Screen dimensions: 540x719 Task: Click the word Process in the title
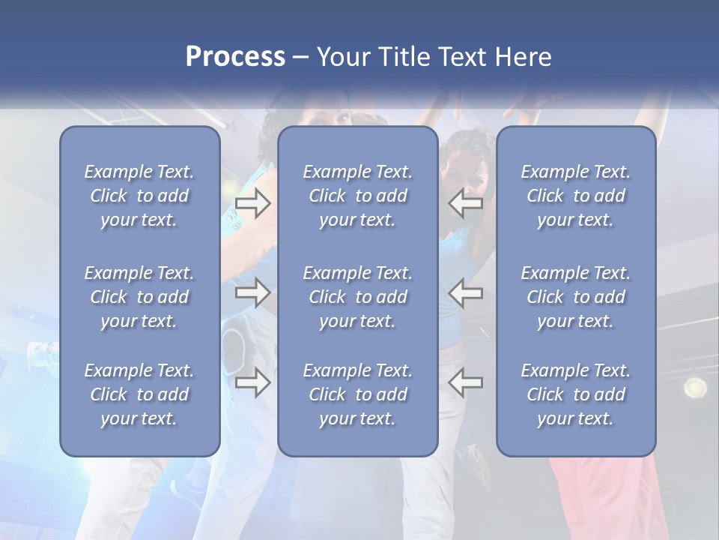coord(235,57)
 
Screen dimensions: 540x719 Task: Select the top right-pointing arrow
coord(253,203)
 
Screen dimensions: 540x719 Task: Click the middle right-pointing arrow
coord(253,292)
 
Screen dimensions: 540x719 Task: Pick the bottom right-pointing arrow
coord(253,382)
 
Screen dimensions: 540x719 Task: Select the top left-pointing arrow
coord(466,203)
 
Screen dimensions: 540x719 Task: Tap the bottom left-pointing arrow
coord(466,382)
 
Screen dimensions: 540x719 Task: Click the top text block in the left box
coord(139,196)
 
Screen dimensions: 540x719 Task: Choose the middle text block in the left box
coord(139,297)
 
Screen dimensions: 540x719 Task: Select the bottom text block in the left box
coord(139,394)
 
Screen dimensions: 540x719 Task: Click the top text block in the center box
coord(358,196)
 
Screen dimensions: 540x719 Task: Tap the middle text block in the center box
coord(358,297)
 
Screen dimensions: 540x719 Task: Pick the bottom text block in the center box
coord(358,394)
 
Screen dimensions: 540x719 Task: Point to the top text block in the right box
coord(576,196)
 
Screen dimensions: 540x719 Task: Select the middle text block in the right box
coord(576,297)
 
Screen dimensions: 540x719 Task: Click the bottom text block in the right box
coord(576,394)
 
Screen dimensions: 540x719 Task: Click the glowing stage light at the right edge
coord(695,388)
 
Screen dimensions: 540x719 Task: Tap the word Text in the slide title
coord(463,57)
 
